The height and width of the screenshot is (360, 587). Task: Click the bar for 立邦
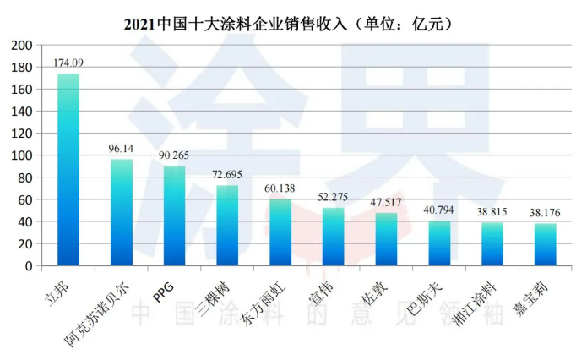pyautogui.click(x=68, y=169)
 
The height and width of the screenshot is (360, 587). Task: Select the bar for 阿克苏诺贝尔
pyautogui.click(x=122, y=212)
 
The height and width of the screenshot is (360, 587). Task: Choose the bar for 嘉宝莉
pyautogui.click(x=546, y=244)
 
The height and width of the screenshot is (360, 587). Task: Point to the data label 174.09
pyautogui.click(x=68, y=63)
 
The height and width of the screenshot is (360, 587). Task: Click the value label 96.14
pyautogui.click(x=122, y=148)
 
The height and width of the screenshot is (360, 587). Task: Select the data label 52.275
pyautogui.click(x=334, y=197)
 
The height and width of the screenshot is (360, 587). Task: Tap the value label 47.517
pyautogui.click(x=387, y=202)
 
